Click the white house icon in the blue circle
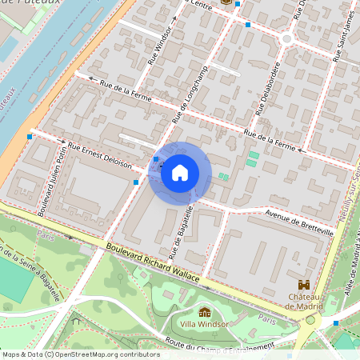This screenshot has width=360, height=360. coord(179,173)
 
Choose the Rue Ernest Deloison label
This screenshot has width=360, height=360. coord(98,154)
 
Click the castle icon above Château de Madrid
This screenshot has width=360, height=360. coord(304,284)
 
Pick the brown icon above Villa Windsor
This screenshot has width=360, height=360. coord(205,313)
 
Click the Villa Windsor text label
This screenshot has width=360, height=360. coord(205,325)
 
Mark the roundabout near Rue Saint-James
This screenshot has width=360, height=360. coord(286,38)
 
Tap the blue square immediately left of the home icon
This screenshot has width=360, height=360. coord(155,159)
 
